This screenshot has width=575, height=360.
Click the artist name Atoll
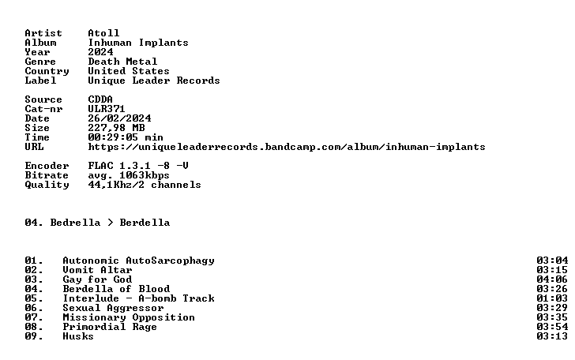(x=103, y=33)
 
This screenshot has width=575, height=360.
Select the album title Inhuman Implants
(x=138, y=43)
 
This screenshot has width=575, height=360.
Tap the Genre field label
(x=40, y=62)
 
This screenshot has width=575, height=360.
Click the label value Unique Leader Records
(x=154, y=81)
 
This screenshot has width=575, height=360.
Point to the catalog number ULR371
(x=107, y=109)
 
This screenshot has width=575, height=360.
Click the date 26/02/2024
(x=119, y=118)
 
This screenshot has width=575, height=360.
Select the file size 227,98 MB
(x=116, y=128)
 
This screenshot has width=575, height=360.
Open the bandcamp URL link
(x=287, y=147)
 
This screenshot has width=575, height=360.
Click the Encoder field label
(x=47, y=166)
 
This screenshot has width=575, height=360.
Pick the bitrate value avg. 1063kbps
(x=129, y=175)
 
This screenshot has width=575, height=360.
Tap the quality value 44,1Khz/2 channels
(x=145, y=185)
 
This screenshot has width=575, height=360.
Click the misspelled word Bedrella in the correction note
(x=75, y=223)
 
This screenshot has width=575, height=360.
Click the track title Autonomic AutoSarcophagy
(x=138, y=261)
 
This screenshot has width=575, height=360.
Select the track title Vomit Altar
(x=97, y=270)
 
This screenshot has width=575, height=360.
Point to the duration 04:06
(x=552, y=279)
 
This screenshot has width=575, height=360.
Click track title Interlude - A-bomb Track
(x=138, y=298)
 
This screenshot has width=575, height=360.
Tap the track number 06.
(x=34, y=308)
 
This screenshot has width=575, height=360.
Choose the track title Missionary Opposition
(x=129, y=317)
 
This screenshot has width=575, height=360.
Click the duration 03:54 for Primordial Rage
(x=552, y=327)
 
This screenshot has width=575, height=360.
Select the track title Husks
(x=78, y=336)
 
